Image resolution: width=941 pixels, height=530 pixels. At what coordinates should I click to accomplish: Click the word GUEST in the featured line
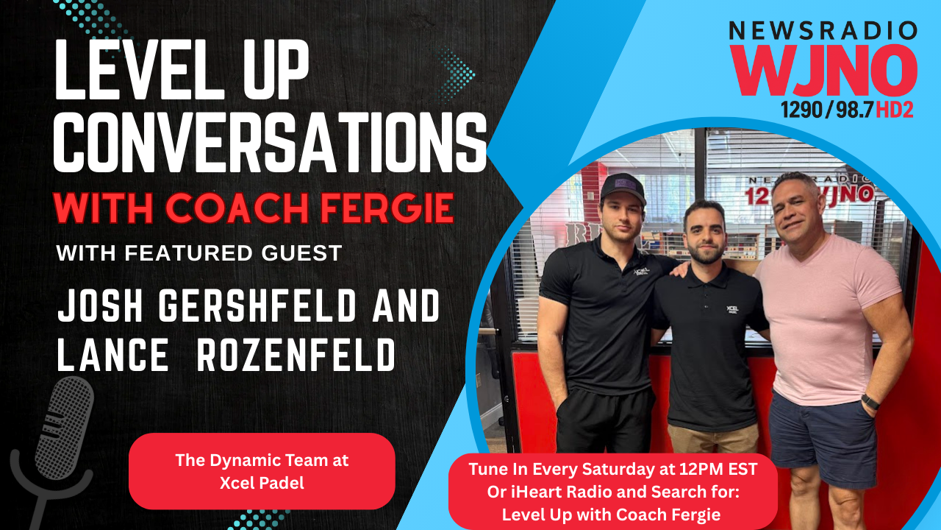tap(299, 253)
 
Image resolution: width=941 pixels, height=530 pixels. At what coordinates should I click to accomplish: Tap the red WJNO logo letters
tap(823, 70)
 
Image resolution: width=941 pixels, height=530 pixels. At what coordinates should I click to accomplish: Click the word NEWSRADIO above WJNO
tap(823, 31)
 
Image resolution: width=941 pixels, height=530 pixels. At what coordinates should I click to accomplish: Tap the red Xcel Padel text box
tap(262, 470)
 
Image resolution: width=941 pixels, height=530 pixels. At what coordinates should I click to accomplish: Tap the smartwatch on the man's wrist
tap(870, 401)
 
